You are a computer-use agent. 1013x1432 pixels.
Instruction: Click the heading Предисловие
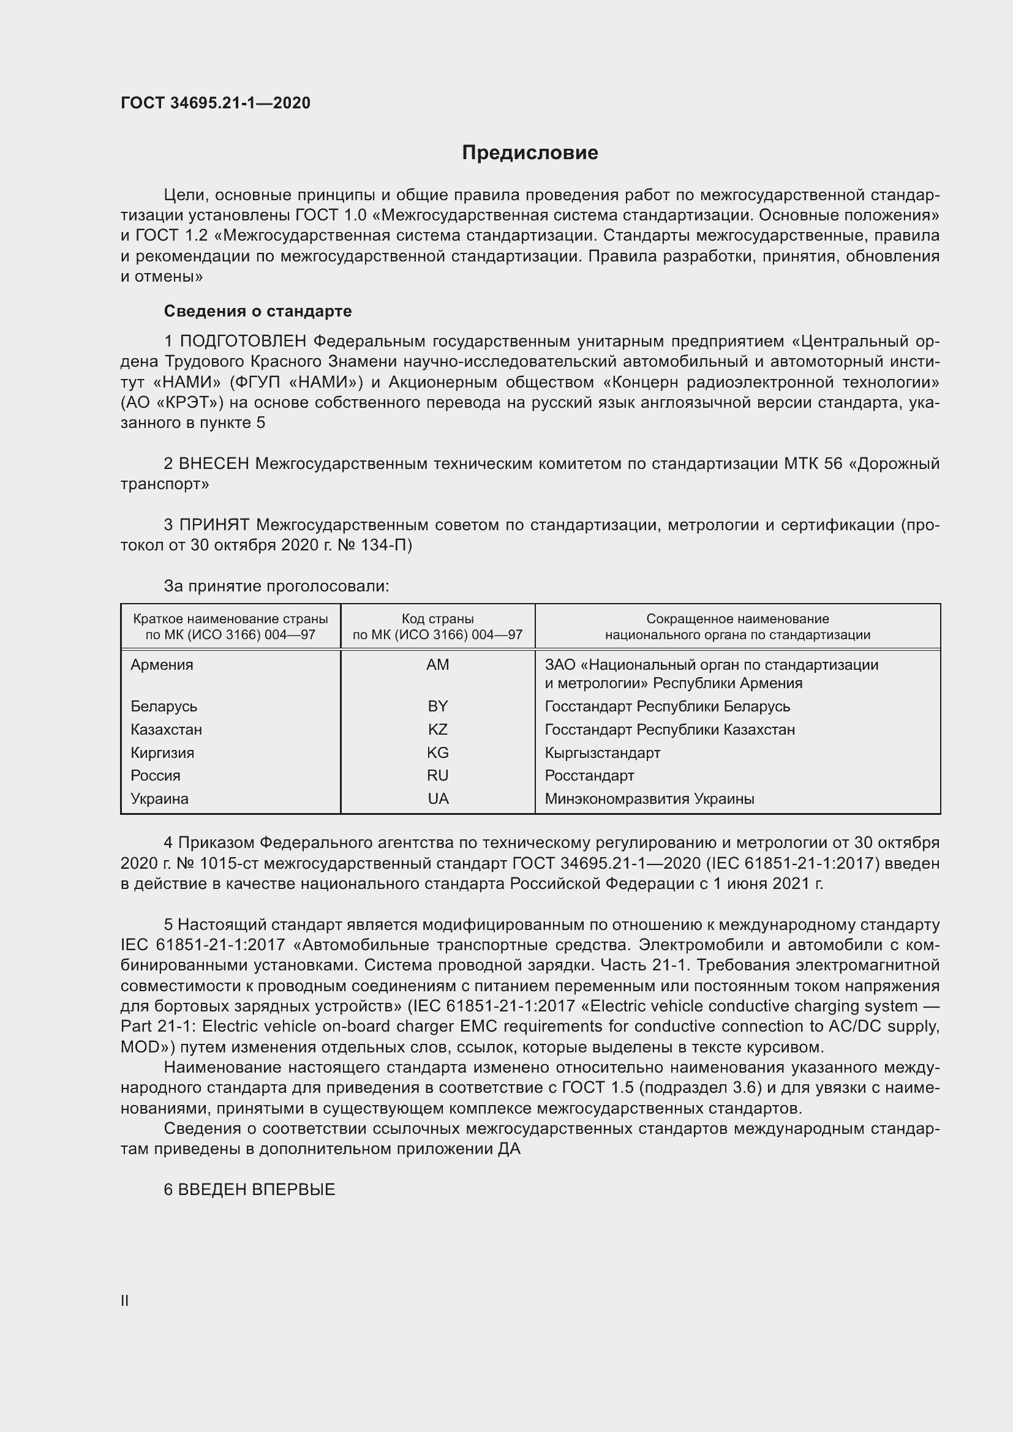click(x=530, y=153)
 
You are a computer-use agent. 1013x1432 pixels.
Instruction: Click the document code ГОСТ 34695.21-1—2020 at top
click(x=215, y=103)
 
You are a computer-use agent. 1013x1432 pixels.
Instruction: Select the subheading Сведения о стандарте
click(x=258, y=310)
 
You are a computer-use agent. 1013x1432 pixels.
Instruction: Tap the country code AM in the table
click(x=437, y=665)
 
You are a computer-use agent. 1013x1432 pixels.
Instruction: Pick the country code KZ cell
click(x=437, y=729)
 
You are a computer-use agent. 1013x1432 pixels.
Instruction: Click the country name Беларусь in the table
click(x=164, y=706)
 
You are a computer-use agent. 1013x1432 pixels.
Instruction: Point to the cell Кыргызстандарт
click(x=602, y=753)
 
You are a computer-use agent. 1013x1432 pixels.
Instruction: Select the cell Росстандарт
click(x=589, y=775)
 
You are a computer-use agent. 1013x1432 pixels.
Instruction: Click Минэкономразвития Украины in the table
click(x=649, y=799)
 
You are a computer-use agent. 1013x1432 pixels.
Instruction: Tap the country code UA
click(x=438, y=799)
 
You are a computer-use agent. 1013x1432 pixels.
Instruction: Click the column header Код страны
click(x=437, y=619)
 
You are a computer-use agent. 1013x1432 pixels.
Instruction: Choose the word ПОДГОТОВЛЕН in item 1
click(x=243, y=341)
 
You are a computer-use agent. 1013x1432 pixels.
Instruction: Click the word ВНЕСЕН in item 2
click(x=214, y=463)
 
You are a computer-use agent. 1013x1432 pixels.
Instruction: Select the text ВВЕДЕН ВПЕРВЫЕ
click(x=257, y=1190)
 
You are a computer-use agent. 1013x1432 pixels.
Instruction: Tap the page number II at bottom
click(x=125, y=1300)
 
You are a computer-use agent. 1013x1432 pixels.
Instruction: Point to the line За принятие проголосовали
click(x=276, y=586)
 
